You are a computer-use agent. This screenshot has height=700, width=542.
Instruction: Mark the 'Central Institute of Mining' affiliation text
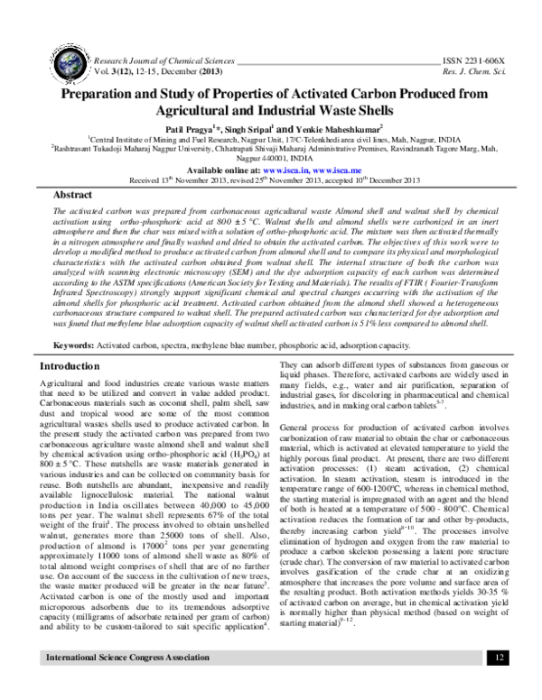pyautogui.click(x=148, y=140)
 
